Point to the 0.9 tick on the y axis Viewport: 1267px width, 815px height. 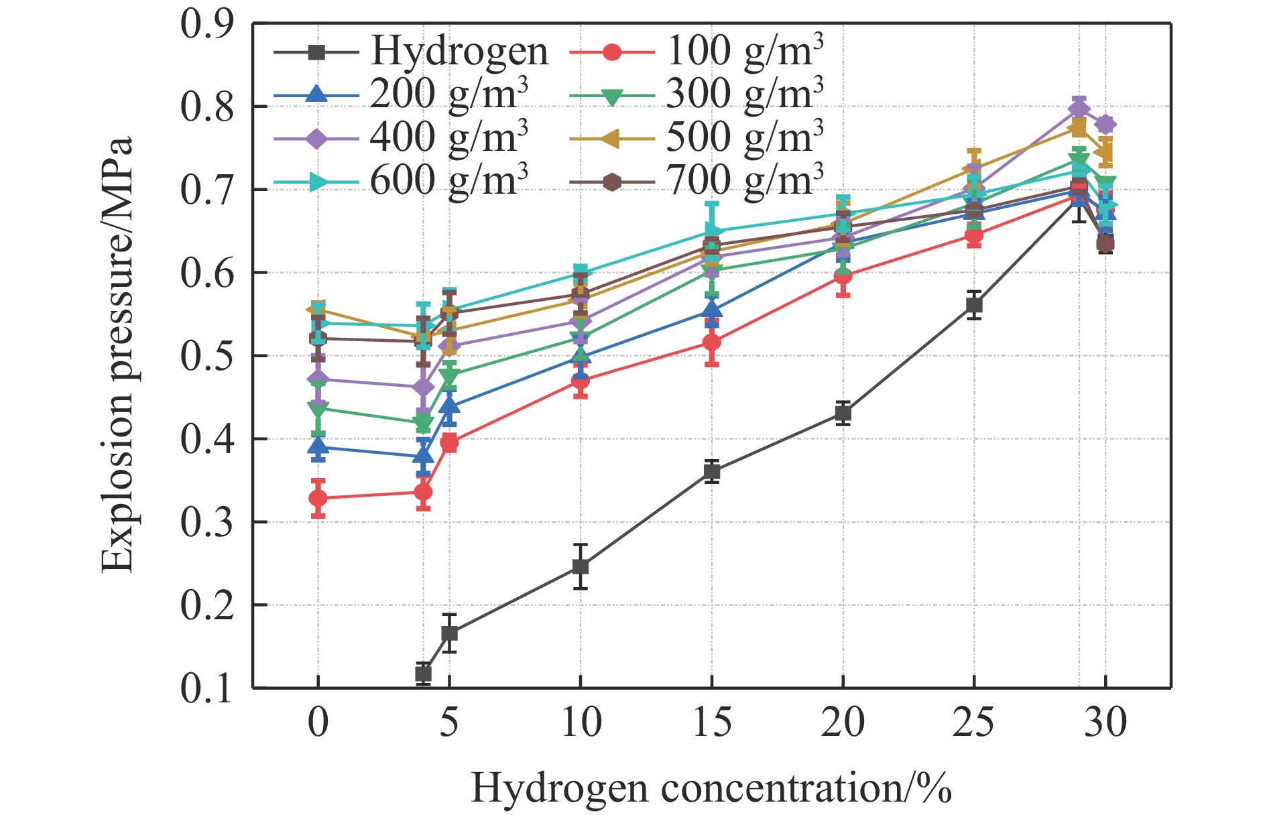tap(206, 24)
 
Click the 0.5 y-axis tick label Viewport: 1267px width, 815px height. tap(206, 356)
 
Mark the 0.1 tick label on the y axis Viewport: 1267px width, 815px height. tap(206, 688)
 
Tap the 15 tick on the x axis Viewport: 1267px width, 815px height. tap(711, 723)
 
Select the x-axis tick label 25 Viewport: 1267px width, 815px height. tap(973, 723)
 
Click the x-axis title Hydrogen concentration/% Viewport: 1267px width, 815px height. tap(711, 788)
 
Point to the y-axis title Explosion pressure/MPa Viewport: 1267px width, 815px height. tap(117, 355)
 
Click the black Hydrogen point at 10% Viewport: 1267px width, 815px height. tap(581, 567)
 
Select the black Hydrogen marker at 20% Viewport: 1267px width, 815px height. tap(843, 414)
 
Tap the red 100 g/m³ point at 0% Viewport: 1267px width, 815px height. tap(318, 499)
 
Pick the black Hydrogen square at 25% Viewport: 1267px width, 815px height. tap(974, 306)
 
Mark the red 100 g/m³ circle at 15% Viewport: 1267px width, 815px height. tap(712, 342)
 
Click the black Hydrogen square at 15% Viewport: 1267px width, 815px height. tap(712, 472)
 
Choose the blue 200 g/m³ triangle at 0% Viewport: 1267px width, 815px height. tap(318, 446)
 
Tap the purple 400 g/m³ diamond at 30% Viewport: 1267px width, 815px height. tap(1105, 124)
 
